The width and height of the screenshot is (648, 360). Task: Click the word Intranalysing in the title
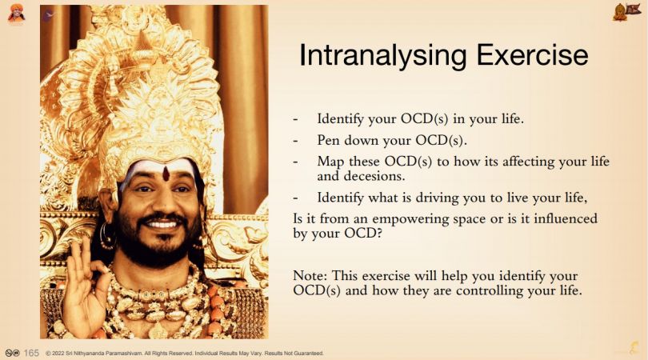click(383, 56)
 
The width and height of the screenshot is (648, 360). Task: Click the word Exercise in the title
click(532, 54)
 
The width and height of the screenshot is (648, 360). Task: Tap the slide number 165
click(31, 353)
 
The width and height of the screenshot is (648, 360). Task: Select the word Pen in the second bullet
click(328, 140)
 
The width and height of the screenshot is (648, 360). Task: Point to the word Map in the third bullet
click(330, 162)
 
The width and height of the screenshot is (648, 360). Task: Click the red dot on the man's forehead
click(166, 174)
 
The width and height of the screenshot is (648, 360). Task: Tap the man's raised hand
click(85, 285)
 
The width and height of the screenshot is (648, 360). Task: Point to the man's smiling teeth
click(162, 225)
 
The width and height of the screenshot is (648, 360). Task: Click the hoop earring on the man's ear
click(107, 237)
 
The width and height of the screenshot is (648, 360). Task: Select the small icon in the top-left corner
click(16, 13)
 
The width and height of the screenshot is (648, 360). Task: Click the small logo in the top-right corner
click(626, 11)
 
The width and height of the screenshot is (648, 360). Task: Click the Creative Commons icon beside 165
click(12, 353)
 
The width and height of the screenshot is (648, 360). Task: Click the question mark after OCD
click(379, 234)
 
